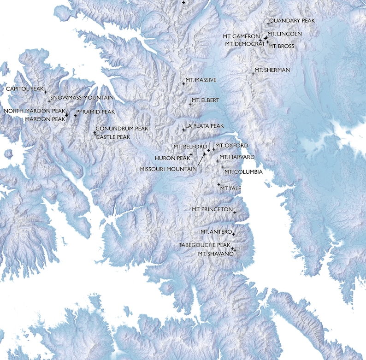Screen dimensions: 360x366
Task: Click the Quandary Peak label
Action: [292, 21]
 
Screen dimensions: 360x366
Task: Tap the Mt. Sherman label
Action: [272, 70]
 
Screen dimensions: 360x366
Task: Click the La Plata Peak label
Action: [204, 126]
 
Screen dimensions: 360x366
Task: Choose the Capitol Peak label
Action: [24, 88]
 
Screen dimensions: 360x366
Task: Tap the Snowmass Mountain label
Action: [82, 98]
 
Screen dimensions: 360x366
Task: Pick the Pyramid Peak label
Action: [95, 112]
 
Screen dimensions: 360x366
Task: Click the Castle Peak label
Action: [113, 137]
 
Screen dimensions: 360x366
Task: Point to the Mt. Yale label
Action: [231, 188]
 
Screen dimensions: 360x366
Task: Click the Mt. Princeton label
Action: [211, 209]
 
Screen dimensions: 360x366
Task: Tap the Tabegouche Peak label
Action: [204, 245]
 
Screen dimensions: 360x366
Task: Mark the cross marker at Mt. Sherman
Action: [253, 74]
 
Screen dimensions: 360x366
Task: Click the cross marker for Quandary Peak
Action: [268, 23]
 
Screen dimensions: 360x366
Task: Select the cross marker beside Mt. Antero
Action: [234, 234]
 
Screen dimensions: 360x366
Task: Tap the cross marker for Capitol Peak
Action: [45, 92]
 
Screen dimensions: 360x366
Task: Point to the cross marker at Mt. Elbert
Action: [190, 104]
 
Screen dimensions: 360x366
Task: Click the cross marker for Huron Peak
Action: [191, 154]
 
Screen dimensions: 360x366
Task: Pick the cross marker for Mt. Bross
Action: [267, 42]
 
